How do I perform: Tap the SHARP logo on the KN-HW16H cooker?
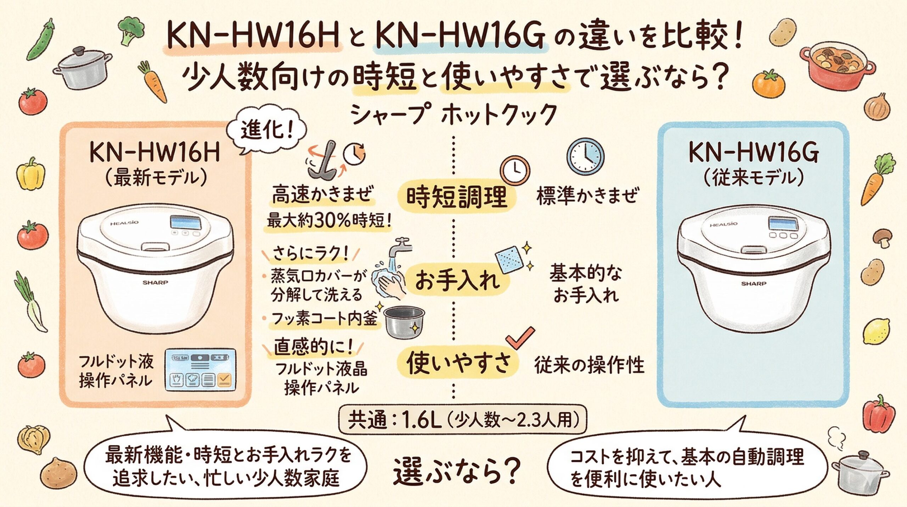tap(155, 283)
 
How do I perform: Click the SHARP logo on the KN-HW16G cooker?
tap(754, 283)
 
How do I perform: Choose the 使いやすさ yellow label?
tap(458, 363)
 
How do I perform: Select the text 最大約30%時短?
tap(329, 221)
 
